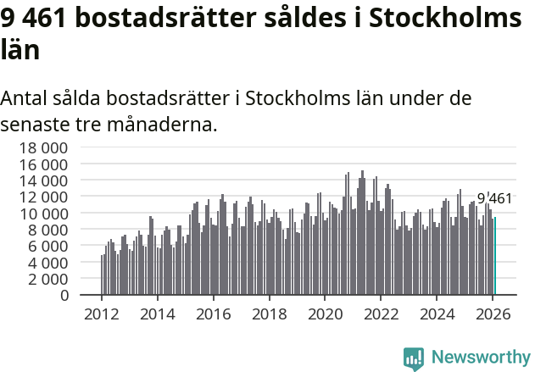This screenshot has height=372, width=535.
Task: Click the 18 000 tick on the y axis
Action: (x=43, y=147)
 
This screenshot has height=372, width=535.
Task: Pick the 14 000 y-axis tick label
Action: (x=43, y=180)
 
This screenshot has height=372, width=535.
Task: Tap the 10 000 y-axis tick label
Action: (x=43, y=213)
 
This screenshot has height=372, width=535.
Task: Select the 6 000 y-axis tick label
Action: (x=47, y=246)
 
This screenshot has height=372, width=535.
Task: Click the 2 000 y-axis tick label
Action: (x=47, y=279)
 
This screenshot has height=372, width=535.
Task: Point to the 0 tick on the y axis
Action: (x=64, y=296)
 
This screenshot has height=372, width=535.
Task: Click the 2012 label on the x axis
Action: (x=102, y=314)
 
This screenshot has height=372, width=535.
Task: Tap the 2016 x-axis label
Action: (x=214, y=314)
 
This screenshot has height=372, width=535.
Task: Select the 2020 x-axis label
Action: (x=325, y=314)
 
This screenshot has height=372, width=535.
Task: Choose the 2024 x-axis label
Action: (x=437, y=314)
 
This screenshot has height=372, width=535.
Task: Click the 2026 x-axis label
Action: (x=493, y=314)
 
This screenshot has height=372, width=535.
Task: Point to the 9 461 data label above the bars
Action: (x=494, y=199)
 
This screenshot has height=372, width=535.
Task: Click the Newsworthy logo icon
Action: (x=414, y=358)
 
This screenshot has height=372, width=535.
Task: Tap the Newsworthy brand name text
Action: (x=480, y=358)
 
